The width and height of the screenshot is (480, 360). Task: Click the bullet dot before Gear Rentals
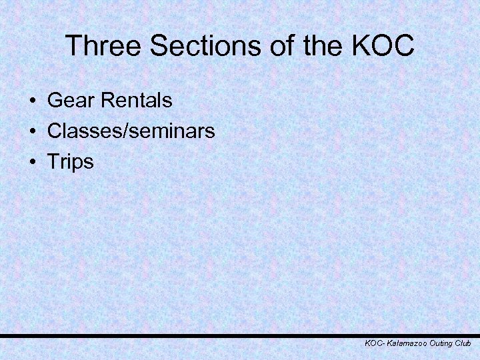[32, 101]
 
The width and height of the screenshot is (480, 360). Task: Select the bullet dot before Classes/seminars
[32, 131]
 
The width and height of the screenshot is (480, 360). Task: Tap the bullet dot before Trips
[32, 162]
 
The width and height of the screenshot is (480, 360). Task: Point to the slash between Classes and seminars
[118, 131]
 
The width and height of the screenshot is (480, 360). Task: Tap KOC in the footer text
[373, 343]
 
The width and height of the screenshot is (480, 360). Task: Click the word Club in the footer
[463, 343]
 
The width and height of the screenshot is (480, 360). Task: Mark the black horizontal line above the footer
[240, 336]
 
